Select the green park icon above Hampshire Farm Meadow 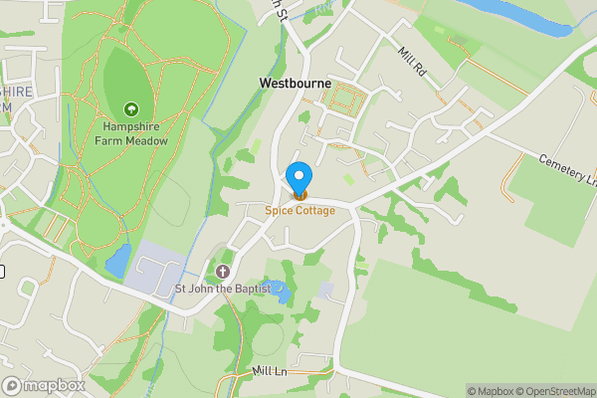pos(130,108)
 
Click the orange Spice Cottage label pos(299,210)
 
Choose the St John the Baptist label pos(223,290)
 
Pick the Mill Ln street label pos(269,371)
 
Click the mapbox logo pos(44,385)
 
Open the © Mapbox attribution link pos(492,391)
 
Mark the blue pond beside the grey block pos(116,261)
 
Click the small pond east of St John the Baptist pos(282,292)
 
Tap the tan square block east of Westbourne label pos(347,99)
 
